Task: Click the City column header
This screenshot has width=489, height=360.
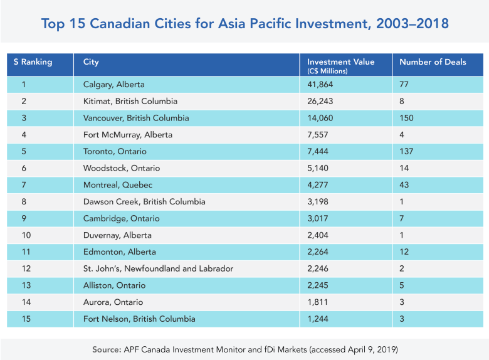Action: (91, 62)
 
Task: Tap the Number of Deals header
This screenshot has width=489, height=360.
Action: (433, 61)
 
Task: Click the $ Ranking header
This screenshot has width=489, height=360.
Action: (33, 61)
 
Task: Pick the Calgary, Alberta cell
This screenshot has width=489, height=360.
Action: (114, 85)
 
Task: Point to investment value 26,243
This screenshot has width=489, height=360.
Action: (320, 101)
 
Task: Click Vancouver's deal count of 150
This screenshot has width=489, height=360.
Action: (406, 118)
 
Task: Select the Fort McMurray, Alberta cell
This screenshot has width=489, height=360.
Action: (127, 135)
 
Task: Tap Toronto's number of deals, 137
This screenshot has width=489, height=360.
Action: (406, 151)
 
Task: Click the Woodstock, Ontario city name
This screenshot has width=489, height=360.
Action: (122, 168)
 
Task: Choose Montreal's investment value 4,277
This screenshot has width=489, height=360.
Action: (317, 184)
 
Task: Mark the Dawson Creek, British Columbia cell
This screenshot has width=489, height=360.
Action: (144, 201)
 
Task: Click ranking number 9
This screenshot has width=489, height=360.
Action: (24, 218)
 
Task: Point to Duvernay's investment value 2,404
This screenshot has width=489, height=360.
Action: (318, 235)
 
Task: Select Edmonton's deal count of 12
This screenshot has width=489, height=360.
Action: (404, 251)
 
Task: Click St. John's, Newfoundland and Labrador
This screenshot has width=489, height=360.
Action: (158, 268)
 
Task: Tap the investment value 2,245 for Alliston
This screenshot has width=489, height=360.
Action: (318, 285)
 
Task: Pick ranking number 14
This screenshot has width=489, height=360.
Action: (26, 302)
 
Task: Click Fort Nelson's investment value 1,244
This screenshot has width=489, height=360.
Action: (318, 319)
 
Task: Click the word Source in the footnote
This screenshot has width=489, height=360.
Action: (107, 349)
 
